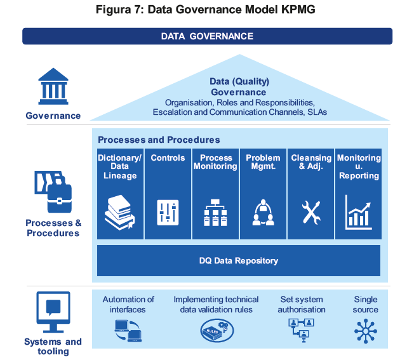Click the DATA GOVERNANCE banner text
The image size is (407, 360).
pyautogui.click(x=207, y=36)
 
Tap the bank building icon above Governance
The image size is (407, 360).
pyautogui.click(x=53, y=86)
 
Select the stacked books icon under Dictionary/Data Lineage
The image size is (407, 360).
pyautogui.click(x=119, y=213)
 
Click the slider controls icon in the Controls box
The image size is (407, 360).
pyautogui.click(x=168, y=213)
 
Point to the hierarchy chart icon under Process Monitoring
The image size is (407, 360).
pyautogui.click(x=215, y=213)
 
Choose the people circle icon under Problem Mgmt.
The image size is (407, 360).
pyautogui.click(x=263, y=213)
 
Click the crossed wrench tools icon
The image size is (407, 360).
pyautogui.click(x=311, y=213)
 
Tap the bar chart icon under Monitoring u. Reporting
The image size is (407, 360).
pyautogui.click(x=359, y=213)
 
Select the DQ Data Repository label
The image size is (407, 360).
pyautogui.click(x=239, y=260)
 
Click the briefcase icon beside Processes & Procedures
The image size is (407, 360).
pyautogui.click(x=53, y=192)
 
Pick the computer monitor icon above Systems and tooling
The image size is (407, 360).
pyautogui.click(x=53, y=312)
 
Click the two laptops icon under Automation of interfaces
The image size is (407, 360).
pyautogui.click(x=128, y=331)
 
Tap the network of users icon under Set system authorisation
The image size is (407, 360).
pyautogui.click(x=301, y=330)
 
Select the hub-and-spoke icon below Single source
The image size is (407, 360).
pyautogui.click(x=366, y=331)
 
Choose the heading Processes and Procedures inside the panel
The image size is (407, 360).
pyautogui.click(x=159, y=140)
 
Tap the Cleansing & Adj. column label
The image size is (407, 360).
pyautogui.click(x=311, y=162)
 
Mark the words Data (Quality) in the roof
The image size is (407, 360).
pyautogui.click(x=239, y=81)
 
